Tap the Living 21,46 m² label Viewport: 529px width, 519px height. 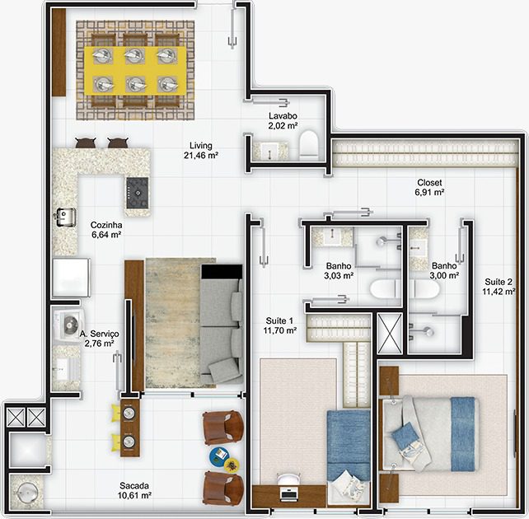[201, 151]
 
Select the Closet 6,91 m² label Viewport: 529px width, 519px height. [429, 187]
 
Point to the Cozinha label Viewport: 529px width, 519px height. [106, 225]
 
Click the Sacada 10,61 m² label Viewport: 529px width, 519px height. [134, 490]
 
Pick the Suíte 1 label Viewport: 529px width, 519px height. [279, 320]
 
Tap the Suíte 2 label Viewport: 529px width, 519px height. [499, 282]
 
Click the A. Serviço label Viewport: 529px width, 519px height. [99, 334]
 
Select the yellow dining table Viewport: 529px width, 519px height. [135, 71]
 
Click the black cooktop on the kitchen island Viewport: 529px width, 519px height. [138, 193]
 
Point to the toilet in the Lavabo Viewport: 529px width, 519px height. [309, 145]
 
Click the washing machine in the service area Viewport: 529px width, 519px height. [69, 325]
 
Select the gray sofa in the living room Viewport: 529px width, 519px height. [222, 324]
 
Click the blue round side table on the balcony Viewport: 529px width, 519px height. [219, 456]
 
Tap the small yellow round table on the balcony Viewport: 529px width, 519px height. [232, 465]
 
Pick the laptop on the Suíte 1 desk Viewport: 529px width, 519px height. [288, 493]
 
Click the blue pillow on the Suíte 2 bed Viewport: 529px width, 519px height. [405, 434]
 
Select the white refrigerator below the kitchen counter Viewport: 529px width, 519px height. [71, 278]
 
